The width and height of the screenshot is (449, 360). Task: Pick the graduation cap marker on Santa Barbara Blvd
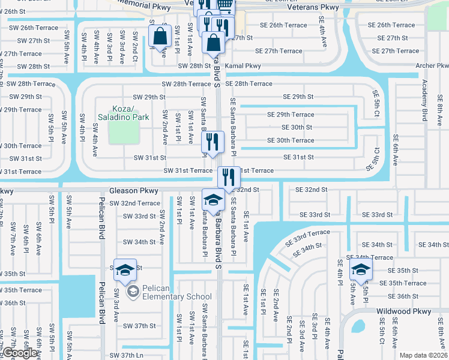pos(213,199)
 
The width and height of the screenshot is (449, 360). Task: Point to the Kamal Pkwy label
pos(243,66)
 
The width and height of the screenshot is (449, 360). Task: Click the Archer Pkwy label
pos(431,65)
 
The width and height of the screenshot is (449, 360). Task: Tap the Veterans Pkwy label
pos(313,7)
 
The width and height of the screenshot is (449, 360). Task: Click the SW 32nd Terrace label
pos(135,203)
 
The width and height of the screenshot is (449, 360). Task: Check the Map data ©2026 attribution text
pos(423,355)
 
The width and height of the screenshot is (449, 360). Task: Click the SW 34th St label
pos(139,242)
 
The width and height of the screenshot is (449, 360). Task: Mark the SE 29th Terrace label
pos(291,115)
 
